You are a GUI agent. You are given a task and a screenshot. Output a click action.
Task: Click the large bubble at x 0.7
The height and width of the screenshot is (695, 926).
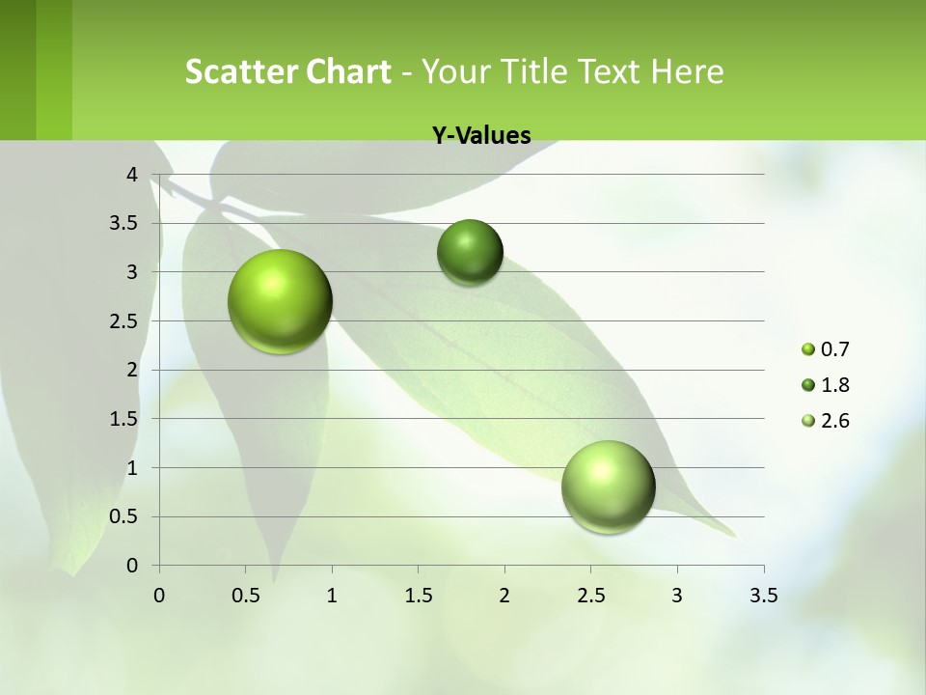click(x=280, y=301)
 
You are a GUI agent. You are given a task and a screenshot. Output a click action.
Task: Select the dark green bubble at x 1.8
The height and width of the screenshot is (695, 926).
click(x=470, y=252)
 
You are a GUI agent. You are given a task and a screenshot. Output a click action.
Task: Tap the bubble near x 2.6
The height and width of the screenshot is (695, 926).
click(x=608, y=486)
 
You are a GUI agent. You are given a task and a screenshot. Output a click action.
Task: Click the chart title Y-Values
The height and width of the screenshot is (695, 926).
click(x=480, y=135)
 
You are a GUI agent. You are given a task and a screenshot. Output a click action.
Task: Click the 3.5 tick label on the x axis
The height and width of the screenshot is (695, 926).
click(x=763, y=596)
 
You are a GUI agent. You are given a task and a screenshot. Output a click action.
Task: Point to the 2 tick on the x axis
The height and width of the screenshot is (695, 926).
click(x=504, y=596)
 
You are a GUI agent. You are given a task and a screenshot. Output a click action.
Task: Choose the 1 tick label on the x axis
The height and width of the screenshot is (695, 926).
click(x=332, y=596)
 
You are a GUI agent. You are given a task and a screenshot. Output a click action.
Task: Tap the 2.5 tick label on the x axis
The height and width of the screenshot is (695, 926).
click(x=590, y=596)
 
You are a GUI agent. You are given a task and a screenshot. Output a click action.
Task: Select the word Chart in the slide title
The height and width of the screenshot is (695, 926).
click(x=349, y=71)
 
